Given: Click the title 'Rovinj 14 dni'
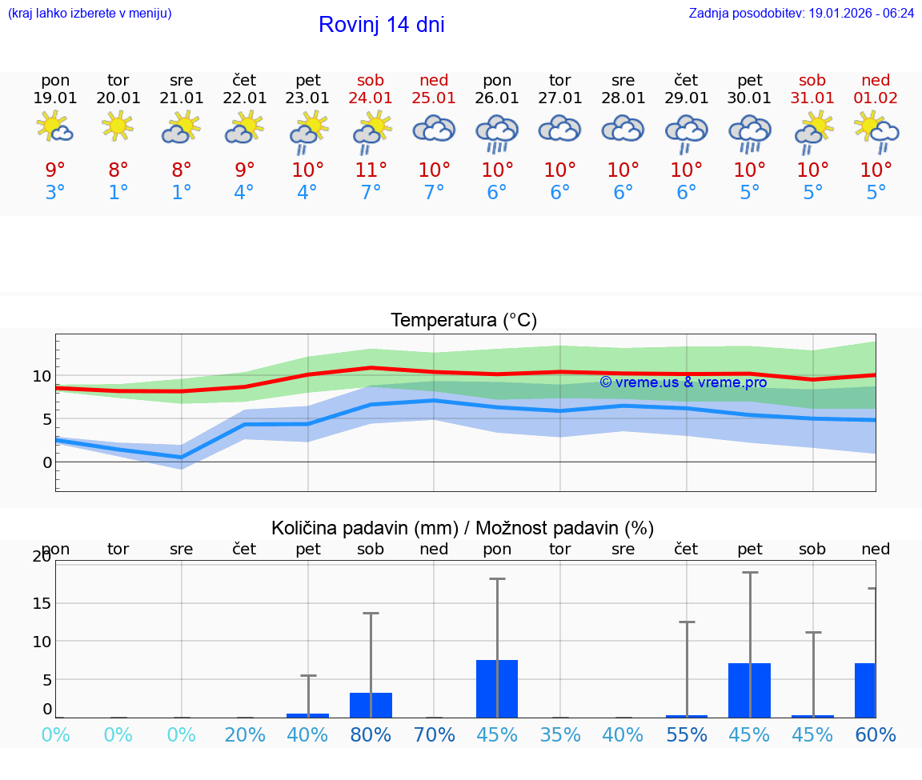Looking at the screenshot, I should tap(381, 25).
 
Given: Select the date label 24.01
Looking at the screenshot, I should tap(371, 98).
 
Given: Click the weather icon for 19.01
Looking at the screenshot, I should tap(55, 128).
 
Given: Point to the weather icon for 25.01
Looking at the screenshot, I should tap(434, 129).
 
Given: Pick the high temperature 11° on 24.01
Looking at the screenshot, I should tap(371, 170).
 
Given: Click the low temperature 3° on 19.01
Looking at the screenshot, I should tap(55, 192).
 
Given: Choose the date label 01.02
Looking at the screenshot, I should tap(876, 98).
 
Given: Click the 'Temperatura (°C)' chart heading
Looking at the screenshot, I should tap(463, 320).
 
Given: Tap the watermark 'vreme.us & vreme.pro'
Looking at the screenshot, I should tap(683, 382).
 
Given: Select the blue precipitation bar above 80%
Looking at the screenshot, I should tap(371, 705).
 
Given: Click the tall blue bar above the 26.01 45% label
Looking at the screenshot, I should tap(497, 689).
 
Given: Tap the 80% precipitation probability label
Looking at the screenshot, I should tap(371, 734).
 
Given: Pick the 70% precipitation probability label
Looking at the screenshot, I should tap(434, 734).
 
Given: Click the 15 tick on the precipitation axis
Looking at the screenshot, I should tap(42, 603).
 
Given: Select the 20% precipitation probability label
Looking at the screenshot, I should tap(245, 734).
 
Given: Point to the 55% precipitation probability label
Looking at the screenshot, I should tap(686, 734).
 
